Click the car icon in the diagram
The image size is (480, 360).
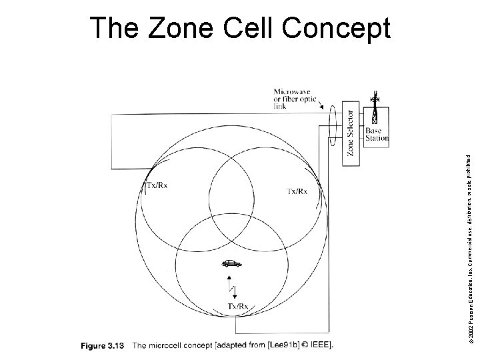(231, 263)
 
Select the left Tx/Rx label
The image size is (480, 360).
(157, 186)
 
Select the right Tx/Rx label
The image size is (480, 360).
(297, 191)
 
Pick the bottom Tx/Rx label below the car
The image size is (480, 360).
(239, 306)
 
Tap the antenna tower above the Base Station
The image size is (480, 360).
(375, 107)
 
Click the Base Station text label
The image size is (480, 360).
(376, 134)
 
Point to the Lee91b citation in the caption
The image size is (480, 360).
(276, 345)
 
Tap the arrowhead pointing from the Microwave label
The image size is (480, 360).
(322, 108)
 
